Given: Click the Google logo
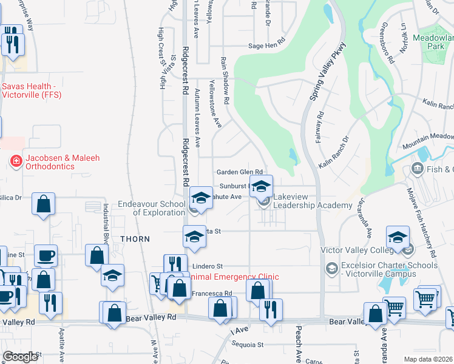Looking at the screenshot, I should click(x=20, y=357).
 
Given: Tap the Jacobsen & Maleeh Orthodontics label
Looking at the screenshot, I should click(x=58, y=162).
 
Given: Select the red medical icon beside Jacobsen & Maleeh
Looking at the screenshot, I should click(x=15, y=161).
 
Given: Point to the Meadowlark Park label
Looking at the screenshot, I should click(x=435, y=41).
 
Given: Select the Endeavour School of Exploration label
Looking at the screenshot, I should click(x=152, y=209).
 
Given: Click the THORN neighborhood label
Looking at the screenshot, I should click(x=135, y=239).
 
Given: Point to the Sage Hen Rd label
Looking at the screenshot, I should click(x=268, y=46).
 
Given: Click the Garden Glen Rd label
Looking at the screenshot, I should click(x=240, y=172).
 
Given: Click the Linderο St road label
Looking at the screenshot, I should click(x=208, y=266).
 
